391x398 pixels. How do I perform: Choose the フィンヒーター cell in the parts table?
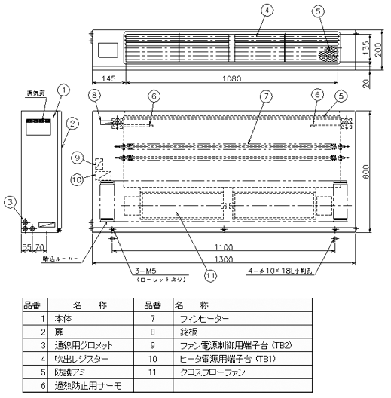click(x=200, y=320)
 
